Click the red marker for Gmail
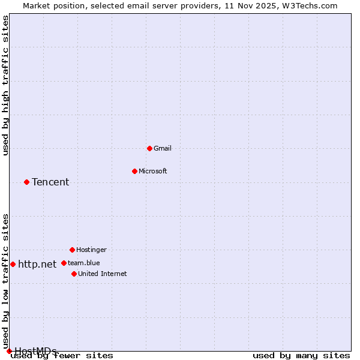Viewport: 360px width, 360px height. (x=149, y=148)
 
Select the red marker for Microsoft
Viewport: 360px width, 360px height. (x=134, y=171)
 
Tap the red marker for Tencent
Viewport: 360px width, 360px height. (x=26, y=182)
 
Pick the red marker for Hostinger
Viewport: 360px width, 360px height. (x=72, y=250)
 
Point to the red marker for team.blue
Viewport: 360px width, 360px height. (x=64, y=263)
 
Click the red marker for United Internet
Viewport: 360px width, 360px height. (x=74, y=274)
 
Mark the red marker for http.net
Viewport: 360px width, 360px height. (x=13, y=264)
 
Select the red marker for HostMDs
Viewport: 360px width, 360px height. (x=9, y=351)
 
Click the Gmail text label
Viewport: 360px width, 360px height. (x=163, y=148)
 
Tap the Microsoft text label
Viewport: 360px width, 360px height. (x=153, y=171)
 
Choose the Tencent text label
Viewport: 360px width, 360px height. (x=50, y=182)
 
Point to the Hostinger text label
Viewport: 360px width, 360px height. (x=91, y=250)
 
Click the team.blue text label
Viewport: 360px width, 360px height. (x=84, y=263)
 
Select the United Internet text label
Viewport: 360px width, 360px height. (x=103, y=274)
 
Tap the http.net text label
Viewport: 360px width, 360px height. (x=37, y=264)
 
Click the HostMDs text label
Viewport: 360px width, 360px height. (x=35, y=351)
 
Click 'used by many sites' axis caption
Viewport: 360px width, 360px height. (x=301, y=356)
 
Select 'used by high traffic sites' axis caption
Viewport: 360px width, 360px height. (x=6, y=85)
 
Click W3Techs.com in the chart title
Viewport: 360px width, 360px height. (x=310, y=5)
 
